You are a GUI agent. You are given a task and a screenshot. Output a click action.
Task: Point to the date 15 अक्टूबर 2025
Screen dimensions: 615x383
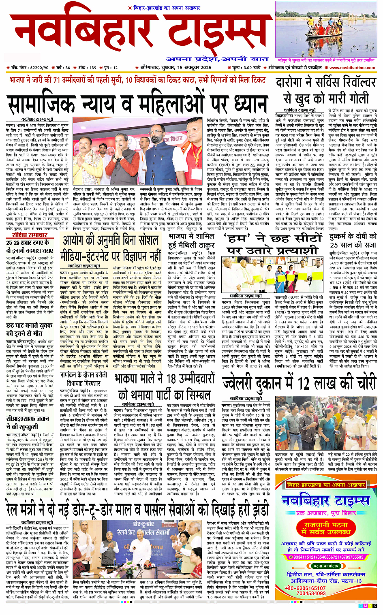(194, 68)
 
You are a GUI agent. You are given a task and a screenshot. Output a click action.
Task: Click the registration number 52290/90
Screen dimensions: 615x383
(39, 68)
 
